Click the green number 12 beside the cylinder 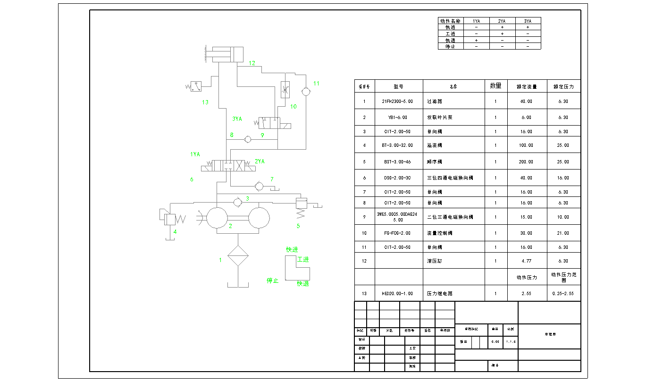pos(252,63)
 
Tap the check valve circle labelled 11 pos(306,91)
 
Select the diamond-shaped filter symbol pos(238,256)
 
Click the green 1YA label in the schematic pos(195,154)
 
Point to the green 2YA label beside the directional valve pos(260,161)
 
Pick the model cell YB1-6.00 pos(397,117)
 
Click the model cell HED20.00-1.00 pos(397,293)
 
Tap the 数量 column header pos(495,86)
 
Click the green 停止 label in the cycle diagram pos(273,280)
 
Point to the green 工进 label pos(303,260)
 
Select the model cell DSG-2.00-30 pos(397,178)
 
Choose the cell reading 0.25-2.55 pos(563,293)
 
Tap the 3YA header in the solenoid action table pos(528,21)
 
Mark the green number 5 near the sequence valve pos(298,226)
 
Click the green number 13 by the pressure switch pos(205,102)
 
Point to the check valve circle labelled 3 pos(238,202)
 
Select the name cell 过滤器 pos(435,101)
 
